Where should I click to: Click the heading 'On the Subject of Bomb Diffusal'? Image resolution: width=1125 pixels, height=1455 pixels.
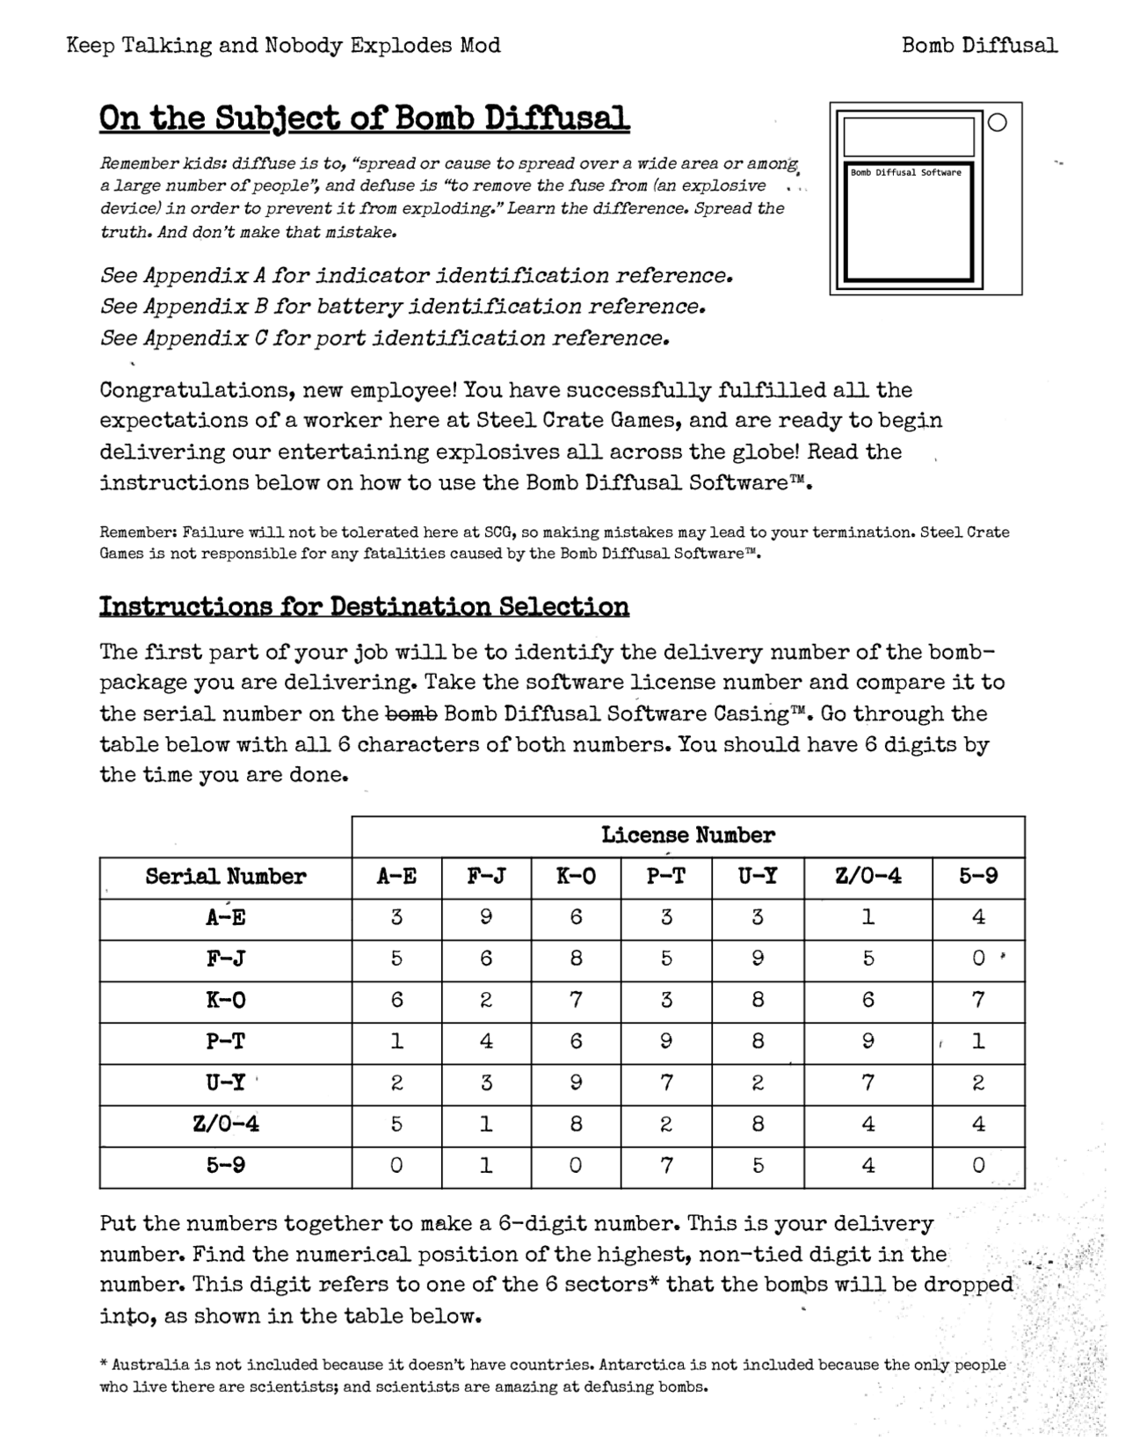364,118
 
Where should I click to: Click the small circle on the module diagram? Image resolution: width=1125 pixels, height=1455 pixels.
997,123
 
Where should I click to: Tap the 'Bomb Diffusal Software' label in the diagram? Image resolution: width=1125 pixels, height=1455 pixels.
905,173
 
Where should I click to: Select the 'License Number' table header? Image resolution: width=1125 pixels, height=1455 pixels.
687,836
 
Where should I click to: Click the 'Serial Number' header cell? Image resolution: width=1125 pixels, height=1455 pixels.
226,877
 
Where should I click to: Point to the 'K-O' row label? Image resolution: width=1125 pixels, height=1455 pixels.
226,1000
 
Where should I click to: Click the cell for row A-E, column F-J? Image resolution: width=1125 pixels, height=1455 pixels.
486,917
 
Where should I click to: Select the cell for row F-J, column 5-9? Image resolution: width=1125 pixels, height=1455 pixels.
977,959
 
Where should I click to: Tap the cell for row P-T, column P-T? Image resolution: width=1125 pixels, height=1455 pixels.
666,1041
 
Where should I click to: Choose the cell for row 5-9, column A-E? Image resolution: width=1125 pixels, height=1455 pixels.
396,1165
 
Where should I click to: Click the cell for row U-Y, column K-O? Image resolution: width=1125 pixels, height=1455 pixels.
576,1082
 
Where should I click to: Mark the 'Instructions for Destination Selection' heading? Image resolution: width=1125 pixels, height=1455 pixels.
364,607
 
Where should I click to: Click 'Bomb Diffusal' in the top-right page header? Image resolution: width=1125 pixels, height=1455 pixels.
979,45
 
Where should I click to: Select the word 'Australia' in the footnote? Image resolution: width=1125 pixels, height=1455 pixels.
150,1365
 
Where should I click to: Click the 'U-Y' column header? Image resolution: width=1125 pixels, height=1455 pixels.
757,877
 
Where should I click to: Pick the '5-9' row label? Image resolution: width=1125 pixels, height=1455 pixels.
226,1165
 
